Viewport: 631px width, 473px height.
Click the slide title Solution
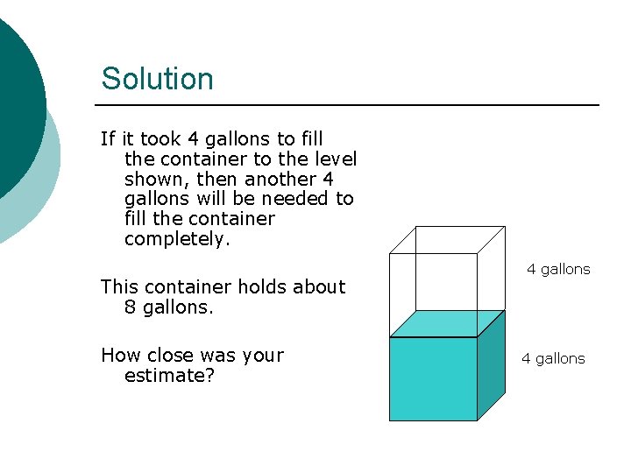click(x=157, y=79)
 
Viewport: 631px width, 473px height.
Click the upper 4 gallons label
click(x=558, y=269)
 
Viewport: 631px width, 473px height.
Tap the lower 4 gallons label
click(x=553, y=358)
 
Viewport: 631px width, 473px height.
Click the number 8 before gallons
click(x=131, y=307)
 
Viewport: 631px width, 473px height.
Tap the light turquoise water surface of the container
click(x=446, y=324)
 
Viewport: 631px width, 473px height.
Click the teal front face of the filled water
click(x=433, y=378)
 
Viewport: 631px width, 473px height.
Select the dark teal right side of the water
click(x=491, y=366)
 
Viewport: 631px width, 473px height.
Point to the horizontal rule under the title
click(x=351, y=105)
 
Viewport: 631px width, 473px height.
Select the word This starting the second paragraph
click(x=118, y=286)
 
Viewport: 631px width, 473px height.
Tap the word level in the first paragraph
click(x=335, y=159)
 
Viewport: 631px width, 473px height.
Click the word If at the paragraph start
click(x=108, y=138)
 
